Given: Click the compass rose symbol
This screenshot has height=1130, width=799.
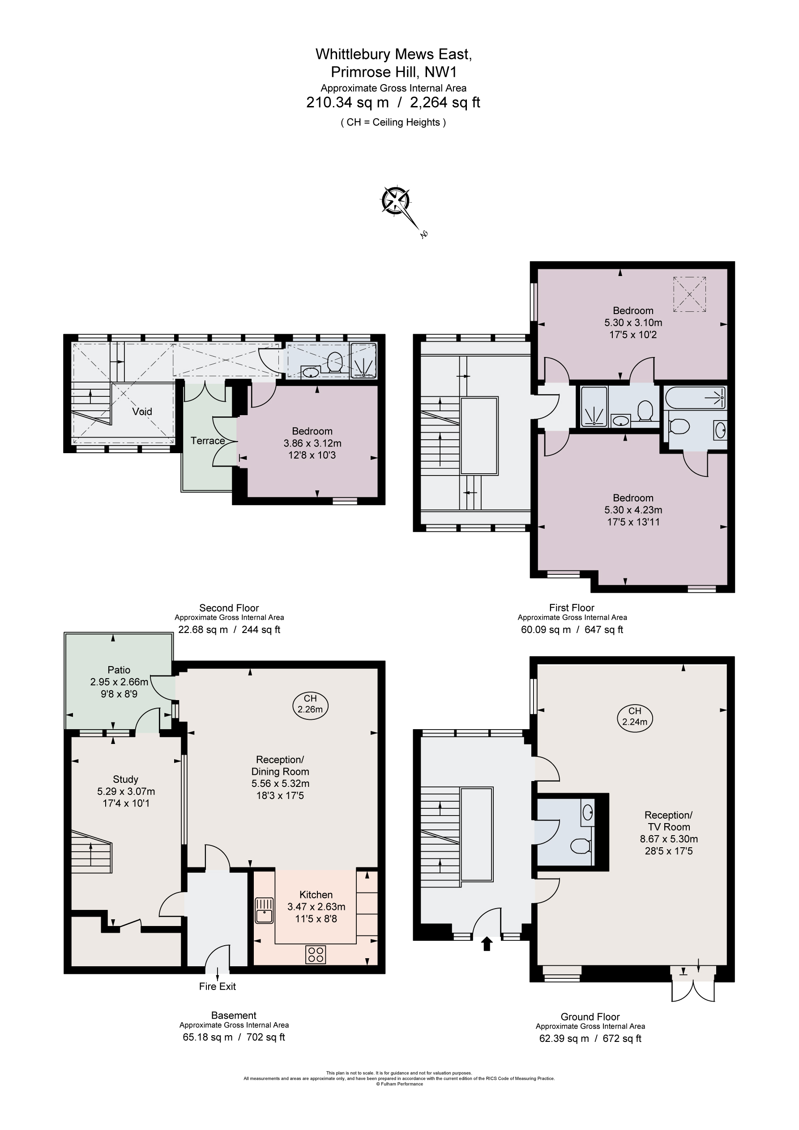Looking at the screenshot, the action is pyautogui.click(x=396, y=201).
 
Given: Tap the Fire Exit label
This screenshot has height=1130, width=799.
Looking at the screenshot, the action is pyautogui.click(x=217, y=986).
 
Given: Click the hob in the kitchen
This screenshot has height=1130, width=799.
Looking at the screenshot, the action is pyautogui.click(x=315, y=955).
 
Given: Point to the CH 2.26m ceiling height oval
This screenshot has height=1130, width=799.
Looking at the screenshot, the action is pyautogui.click(x=310, y=704).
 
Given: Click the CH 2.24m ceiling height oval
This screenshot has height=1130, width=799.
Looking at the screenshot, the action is pyautogui.click(x=634, y=716).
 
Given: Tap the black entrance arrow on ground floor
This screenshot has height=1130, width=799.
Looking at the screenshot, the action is pyautogui.click(x=487, y=943).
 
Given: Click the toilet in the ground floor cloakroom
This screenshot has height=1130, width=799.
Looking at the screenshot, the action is pyautogui.click(x=581, y=846).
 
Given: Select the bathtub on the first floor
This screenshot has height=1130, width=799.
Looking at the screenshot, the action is pyautogui.click(x=695, y=397).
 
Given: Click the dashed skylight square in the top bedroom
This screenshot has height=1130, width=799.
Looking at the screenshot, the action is pyautogui.click(x=690, y=294).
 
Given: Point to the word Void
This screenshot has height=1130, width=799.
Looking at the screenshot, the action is pyautogui.click(x=142, y=412).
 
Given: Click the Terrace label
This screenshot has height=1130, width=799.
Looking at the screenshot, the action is pyautogui.click(x=208, y=441).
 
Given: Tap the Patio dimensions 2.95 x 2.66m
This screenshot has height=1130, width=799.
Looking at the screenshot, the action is pyautogui.click(x=119, y=682).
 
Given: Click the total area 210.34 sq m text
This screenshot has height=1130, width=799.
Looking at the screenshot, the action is pyautogui.click(x=347, y=102).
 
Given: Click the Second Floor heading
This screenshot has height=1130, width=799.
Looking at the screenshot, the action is pyautogui.click(x=229, y=608).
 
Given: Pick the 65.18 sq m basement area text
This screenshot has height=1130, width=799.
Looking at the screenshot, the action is pyautogui.click(x=207, y=1037).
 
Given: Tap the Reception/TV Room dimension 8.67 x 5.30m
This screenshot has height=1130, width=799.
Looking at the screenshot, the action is pyautogui.click(x=668, y=839).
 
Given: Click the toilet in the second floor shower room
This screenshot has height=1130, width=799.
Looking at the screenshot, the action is pyautogui.click(x=334, y=362).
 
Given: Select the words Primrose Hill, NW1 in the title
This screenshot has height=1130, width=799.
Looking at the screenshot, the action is pyautogui.click(x=393, y=72).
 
